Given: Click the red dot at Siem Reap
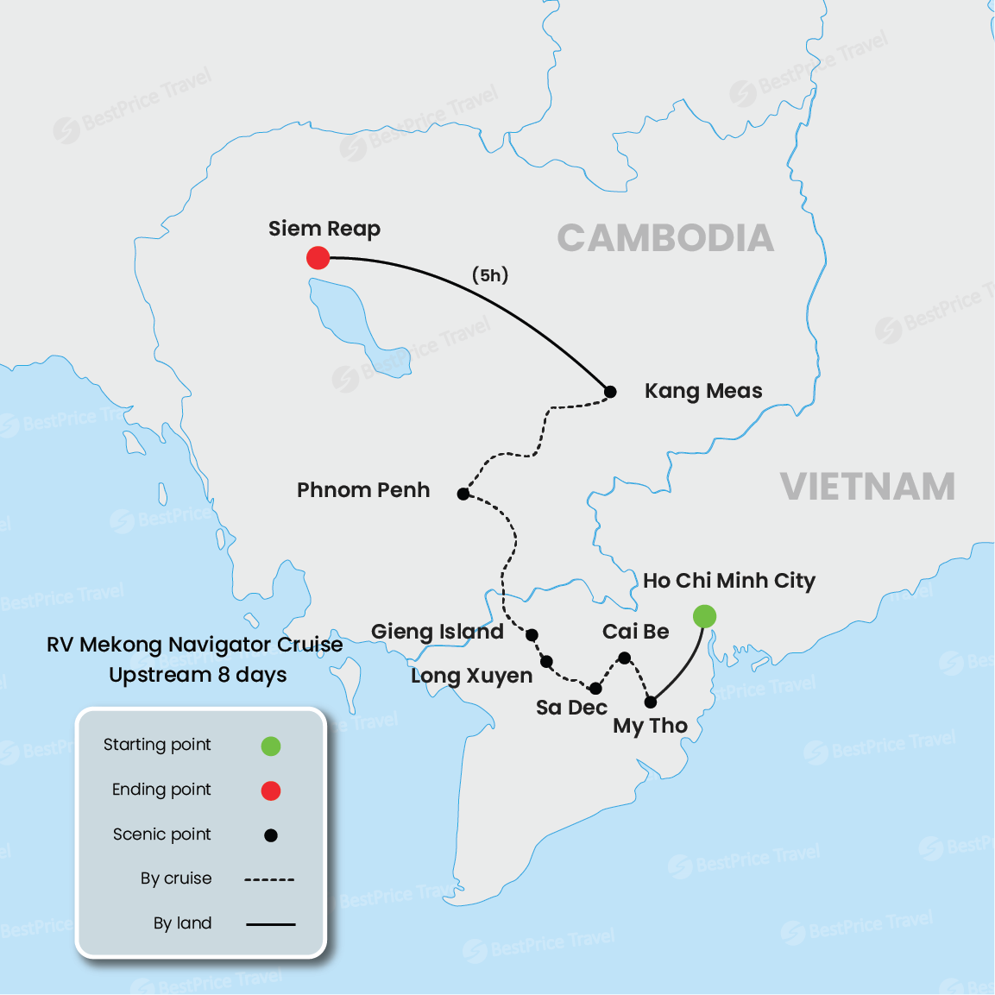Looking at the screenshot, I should [318, 257].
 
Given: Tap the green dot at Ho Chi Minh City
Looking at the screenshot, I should [704, 616].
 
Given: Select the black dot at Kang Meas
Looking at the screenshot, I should [610, 392].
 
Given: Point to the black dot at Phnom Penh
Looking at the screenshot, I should [463, 494].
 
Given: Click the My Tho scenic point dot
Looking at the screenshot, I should [651, 702].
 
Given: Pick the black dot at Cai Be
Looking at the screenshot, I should [625, 658].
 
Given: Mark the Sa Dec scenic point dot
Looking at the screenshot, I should [595, 689].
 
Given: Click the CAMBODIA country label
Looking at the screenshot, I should [665, 238].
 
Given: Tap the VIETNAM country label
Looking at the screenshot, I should [867, 487].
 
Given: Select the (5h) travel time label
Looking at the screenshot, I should [490, 275].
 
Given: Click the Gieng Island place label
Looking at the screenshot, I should [438, 632].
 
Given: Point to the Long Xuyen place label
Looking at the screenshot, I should [471, 676].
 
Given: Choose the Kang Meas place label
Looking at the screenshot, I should [703, 391].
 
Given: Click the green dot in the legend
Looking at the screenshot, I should [271, 746].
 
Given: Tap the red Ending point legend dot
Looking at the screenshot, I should [271, 790].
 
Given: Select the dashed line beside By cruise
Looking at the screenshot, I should [269, 879].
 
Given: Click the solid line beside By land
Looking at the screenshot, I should [270, 924].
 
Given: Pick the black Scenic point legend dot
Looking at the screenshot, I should [271, 835].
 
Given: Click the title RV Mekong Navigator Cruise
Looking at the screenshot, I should [195, 645].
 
